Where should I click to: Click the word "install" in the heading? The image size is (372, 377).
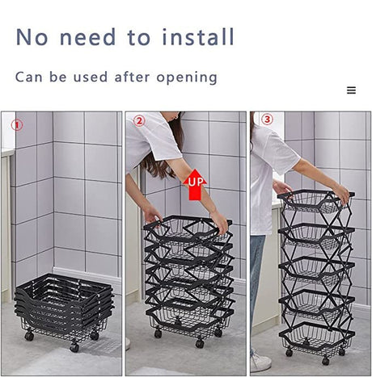pos(198,36)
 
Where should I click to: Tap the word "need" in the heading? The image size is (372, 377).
pos(88,37)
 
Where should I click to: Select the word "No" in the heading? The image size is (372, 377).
pos(32,37)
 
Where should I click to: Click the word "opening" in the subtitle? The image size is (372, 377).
pos(187,77)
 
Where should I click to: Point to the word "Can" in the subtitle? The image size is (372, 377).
pos(29,77)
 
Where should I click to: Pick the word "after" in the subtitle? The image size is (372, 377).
pos(132,77)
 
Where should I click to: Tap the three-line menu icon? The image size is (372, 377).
pos(351,90)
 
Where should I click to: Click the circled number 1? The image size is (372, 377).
pos(17,125)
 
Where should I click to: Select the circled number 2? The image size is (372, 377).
pos(139,121)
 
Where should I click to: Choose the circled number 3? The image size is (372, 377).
pos(267,119)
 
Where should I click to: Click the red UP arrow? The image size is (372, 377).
pos(195,185)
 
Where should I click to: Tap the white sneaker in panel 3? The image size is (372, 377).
pos(260,361)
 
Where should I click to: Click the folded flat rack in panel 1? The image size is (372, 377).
pos(65,309)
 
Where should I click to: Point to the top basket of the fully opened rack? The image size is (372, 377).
pos(316,201)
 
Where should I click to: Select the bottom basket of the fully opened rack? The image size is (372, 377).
pos(317,337)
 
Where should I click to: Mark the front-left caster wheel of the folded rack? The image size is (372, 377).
pos(29,336)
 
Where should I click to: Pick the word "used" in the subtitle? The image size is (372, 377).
pos(91,77)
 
